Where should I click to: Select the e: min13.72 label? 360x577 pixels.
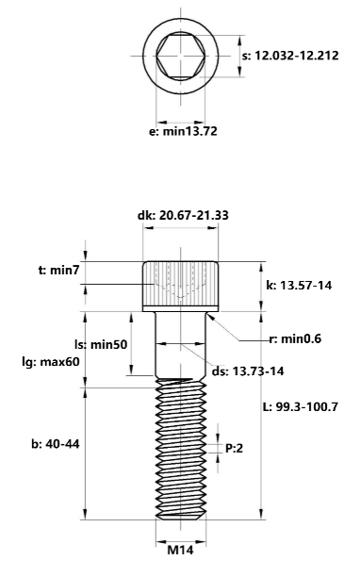pos(183,131)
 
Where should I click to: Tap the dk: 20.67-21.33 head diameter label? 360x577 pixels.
pos(181,215)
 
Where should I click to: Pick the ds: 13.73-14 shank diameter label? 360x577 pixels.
pos(248,371)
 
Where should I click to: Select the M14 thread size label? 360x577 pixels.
pos(181,550)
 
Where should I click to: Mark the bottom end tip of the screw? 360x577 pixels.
pos(180,519)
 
